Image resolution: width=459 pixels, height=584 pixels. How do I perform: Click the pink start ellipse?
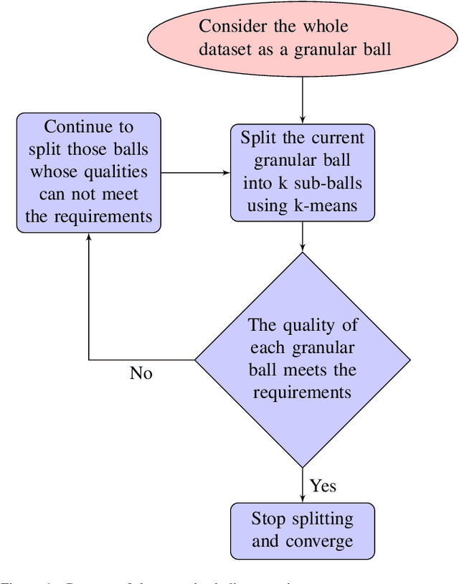coord(302,37)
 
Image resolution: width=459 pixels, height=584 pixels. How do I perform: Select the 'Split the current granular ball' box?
coord(302,173)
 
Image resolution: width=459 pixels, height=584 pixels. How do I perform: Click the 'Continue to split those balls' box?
coord(89,172)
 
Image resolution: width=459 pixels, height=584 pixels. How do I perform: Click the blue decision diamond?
coord(302,359)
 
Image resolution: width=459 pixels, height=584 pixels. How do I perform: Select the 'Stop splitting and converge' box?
coord(302,530)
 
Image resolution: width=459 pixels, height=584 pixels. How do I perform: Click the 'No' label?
coord(141,373)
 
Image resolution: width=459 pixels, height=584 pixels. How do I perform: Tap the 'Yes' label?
coord(323,486)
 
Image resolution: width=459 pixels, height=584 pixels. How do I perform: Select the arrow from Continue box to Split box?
coord(195,173)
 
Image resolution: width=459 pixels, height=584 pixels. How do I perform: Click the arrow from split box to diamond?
coord(302,236)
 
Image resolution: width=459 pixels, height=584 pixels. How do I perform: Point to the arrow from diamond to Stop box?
coord(302,484)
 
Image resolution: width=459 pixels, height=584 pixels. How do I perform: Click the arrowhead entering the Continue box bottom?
coord(89,239)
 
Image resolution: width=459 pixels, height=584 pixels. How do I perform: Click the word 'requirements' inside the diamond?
coord(302,392)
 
